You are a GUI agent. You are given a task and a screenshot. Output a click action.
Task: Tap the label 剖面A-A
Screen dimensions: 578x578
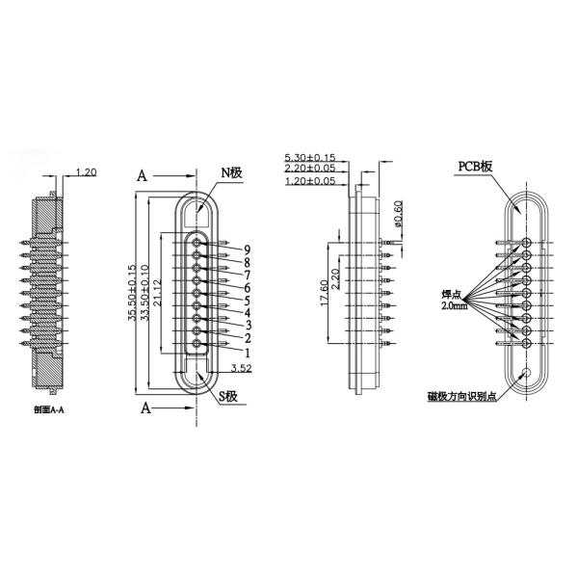[49, 409]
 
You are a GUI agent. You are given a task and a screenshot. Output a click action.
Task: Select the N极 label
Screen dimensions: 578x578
[233, 172]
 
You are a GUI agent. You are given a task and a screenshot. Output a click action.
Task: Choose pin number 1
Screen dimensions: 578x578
[248, 353]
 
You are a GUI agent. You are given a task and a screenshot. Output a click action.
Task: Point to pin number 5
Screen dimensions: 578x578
[248, 301]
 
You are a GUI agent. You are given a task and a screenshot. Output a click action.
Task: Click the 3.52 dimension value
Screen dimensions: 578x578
[242, 366]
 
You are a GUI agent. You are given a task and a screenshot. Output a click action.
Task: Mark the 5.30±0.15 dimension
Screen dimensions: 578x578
[310, 157]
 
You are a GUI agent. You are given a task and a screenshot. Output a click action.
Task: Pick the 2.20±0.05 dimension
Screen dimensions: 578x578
[310, 169]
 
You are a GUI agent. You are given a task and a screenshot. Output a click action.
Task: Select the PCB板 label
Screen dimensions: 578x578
[474, 166]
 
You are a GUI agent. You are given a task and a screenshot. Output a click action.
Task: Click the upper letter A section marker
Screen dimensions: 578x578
[141, 176]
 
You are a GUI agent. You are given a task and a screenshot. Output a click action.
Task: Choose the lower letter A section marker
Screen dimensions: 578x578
[146, 407]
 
